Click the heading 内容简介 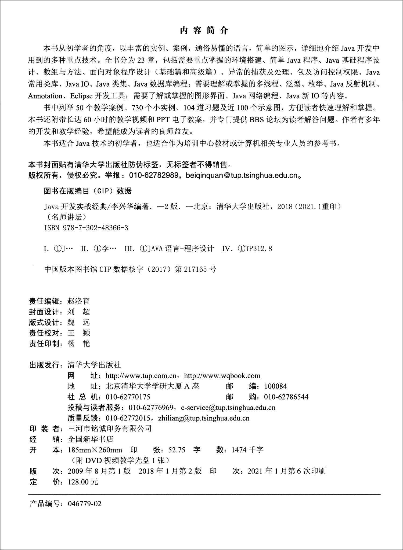coord(204,31)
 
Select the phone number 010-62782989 coord(154,175)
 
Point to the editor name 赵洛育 coord(78,301)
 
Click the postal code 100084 coord(275,386)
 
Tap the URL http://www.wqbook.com coord(222,375)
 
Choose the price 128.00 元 coord(83,482)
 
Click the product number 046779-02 coord(85,504)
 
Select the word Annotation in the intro coord(45,96)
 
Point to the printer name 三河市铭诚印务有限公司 coord(110,429)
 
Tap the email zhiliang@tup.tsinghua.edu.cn coord(204,418)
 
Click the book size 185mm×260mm coord(95,450)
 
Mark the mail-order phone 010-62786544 coord(286,397)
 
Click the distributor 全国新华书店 coord(91,439)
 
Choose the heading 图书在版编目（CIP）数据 coord(88,191)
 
